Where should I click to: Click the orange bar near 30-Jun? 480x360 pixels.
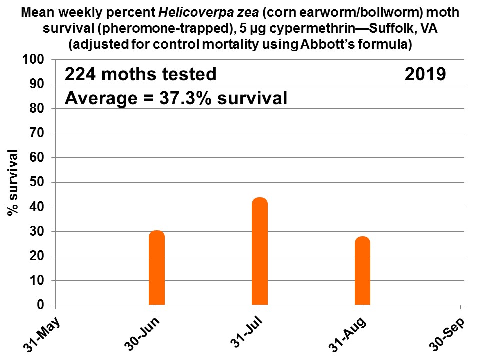pos(157,268)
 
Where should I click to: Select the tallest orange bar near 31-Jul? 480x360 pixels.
pos(260,251)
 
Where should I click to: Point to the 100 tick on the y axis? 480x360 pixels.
pos(38,60)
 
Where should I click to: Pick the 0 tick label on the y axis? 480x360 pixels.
pos(43,305)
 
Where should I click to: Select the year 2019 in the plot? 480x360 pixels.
pos(425,74)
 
